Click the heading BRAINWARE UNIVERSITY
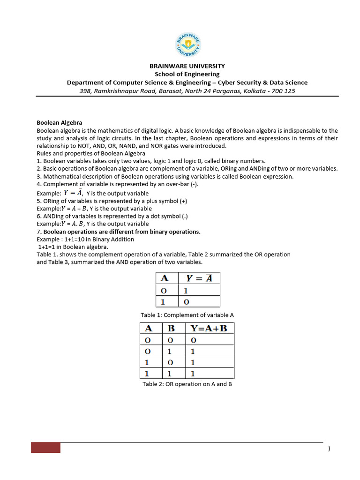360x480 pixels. [187, 66]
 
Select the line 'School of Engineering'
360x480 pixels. [187, 74]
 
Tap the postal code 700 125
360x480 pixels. [283, 91]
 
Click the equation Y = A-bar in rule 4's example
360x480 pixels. [74, 193]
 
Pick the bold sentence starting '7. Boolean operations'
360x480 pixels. [119, 232]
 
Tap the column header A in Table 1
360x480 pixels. [165, 278]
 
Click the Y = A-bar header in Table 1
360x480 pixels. [199, 278]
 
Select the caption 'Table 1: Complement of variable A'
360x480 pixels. [187, 315]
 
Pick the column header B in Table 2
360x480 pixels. [171, 328]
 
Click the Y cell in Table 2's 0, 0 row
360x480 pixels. [193, 339]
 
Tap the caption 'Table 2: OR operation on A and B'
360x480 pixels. [187, 384]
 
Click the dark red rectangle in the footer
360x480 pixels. [46, 447]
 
